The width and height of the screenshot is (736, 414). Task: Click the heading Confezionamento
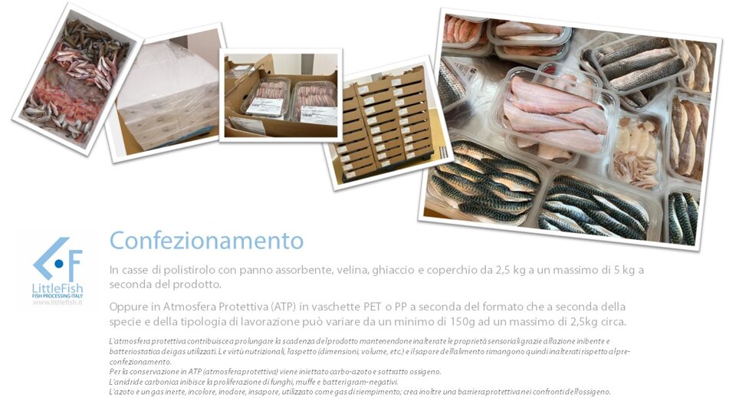[206, 240]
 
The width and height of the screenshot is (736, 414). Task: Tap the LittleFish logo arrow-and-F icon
[58, 260]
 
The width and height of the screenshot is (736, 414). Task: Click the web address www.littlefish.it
[58, 302]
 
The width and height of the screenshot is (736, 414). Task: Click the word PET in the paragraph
[373, 307]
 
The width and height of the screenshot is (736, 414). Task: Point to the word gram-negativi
[376, 382]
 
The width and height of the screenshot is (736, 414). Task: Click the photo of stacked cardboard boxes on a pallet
[387, 123]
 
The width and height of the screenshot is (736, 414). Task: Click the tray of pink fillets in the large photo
[554, 114]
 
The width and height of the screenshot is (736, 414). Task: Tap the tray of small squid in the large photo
[636, 152]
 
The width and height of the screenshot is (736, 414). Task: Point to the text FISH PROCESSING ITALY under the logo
[58, 296]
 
